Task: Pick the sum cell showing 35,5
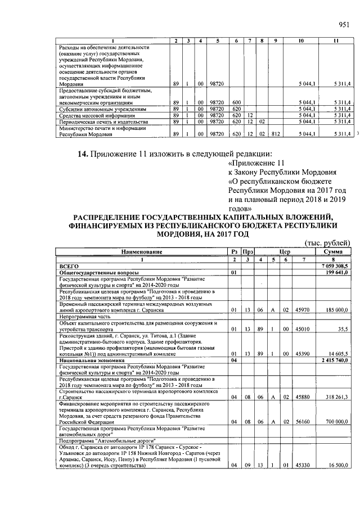click(x=342, y=330)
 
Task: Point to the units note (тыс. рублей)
click(x=327, y=242)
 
